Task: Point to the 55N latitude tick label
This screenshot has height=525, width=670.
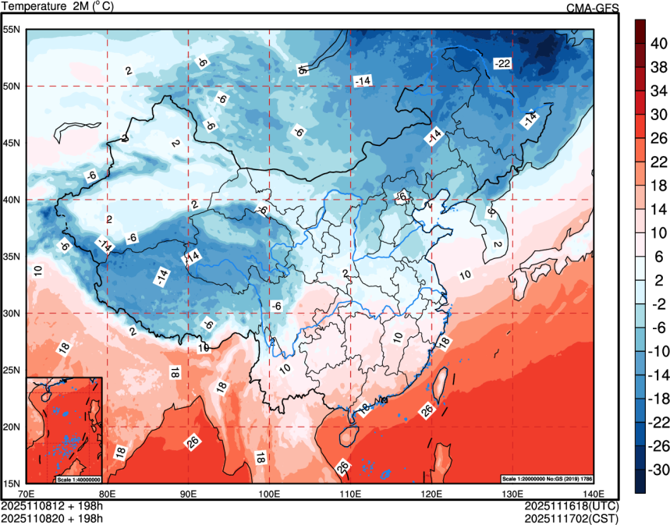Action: point(11,30)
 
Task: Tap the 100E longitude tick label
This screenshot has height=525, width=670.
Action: point(269,494)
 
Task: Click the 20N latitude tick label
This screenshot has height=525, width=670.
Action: point(11,427)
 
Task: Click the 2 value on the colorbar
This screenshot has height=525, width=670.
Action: point(657,281)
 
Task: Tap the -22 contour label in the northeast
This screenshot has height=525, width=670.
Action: point(502,62)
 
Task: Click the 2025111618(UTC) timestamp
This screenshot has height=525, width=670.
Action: point(572,505)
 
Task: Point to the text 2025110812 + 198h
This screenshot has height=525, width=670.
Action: point(52,505)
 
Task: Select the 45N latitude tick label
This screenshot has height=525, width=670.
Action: point(11,143)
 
